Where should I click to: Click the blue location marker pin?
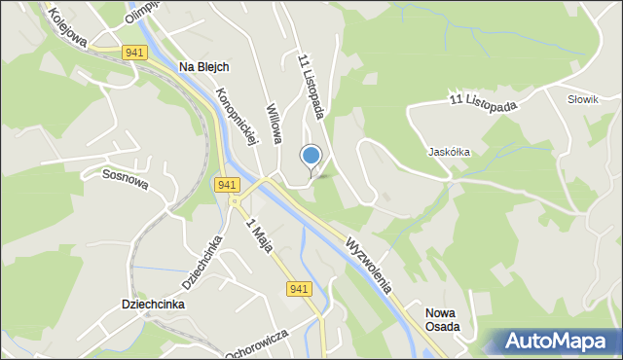click(311, 157)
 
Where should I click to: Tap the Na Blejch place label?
click(204, 67)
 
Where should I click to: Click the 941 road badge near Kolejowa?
click(135, 54)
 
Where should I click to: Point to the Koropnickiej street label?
click(238, 116)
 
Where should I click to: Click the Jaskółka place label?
click(450, 153)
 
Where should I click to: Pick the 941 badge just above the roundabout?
click(228, 185)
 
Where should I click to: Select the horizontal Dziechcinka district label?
click(154, 304)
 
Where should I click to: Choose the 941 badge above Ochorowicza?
click(299, 288)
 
